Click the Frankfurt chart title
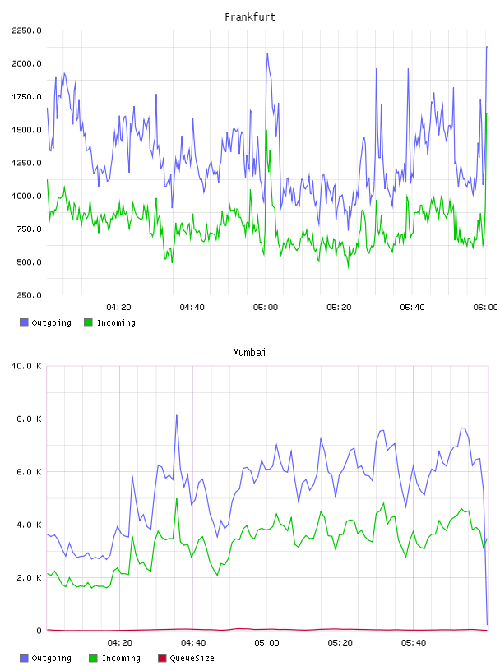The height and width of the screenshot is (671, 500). pos(250,17)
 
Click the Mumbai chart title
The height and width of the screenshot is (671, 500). pos(249,353)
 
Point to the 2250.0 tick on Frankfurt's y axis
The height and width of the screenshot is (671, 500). pos(26,30)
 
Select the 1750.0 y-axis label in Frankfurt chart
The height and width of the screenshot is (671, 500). pos(26,97)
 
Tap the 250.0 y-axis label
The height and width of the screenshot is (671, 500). pos(29,295)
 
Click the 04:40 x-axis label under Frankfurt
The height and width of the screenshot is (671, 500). pos(192,308)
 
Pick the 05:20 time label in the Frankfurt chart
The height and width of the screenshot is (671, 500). pos(339,308)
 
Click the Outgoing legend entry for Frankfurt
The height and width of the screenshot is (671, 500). pos(46,322)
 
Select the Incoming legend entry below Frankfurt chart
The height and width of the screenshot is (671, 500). pos(110,322)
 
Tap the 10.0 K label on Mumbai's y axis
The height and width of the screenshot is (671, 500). pos(26,366)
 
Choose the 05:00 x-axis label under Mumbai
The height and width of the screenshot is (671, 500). pos(266,643)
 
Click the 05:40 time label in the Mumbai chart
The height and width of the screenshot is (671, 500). pos(414,643)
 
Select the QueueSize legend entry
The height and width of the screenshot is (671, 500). pos(186,658)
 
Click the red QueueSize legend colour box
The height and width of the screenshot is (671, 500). pos(162,658)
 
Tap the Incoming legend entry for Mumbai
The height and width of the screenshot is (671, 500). pos(115,658)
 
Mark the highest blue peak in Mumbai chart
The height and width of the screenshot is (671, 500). pos(176,415)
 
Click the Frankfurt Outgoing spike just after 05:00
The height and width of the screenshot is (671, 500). pos(267,53)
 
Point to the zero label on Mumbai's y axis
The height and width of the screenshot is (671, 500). pos(39,631)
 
